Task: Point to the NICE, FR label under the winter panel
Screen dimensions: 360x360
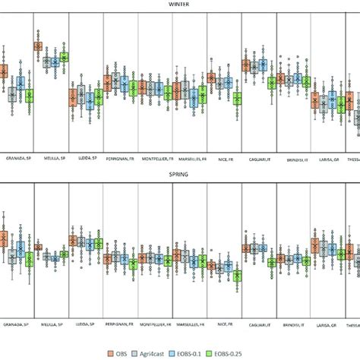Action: tap(226, 159)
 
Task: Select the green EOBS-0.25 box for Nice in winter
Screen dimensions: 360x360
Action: tap(238, 99)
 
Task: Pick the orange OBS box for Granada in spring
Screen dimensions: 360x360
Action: tap(2, 238)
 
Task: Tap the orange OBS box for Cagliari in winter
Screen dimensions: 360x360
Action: tap(246, 66)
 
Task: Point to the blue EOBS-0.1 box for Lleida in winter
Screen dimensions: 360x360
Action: tap(90, 98)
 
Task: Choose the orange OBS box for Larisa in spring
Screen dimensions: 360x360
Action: tap(315, 245)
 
